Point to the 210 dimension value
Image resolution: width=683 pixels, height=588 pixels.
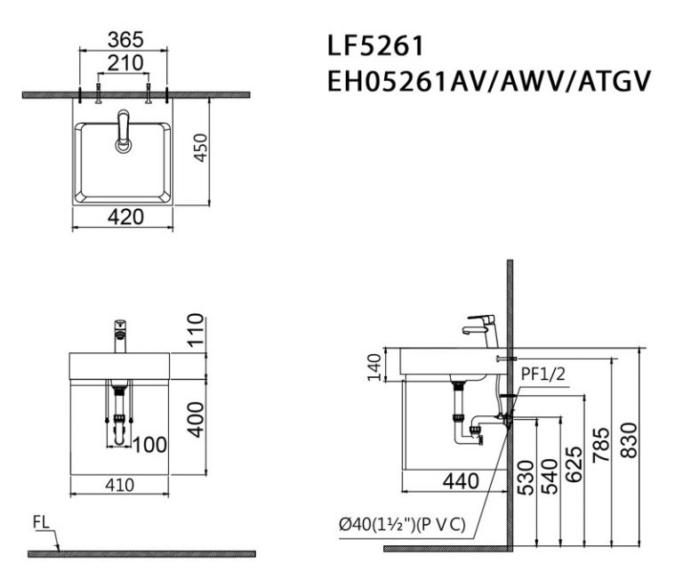click(x=125, y=63)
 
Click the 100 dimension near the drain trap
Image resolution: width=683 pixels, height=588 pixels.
click(x=149, y=442)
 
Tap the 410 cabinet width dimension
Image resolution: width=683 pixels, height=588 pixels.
click(x=119, y=485)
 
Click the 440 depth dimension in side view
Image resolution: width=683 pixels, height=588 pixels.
click(x=461, y=481)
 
